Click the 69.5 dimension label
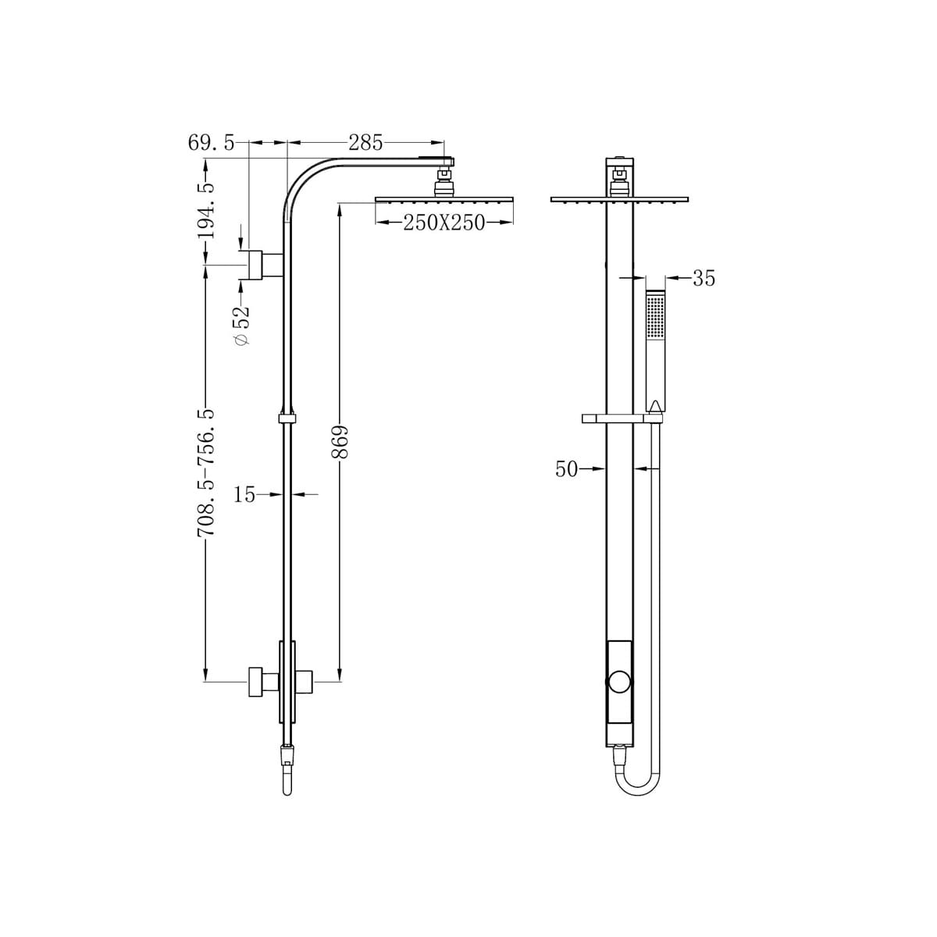point(212,144)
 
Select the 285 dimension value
point(365,143)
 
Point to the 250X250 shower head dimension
point(444,223)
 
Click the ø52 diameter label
point(242,326)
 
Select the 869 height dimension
point(340,442)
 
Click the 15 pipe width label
point(244,494)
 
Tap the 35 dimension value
point(704,278)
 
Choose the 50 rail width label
point(566,469)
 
